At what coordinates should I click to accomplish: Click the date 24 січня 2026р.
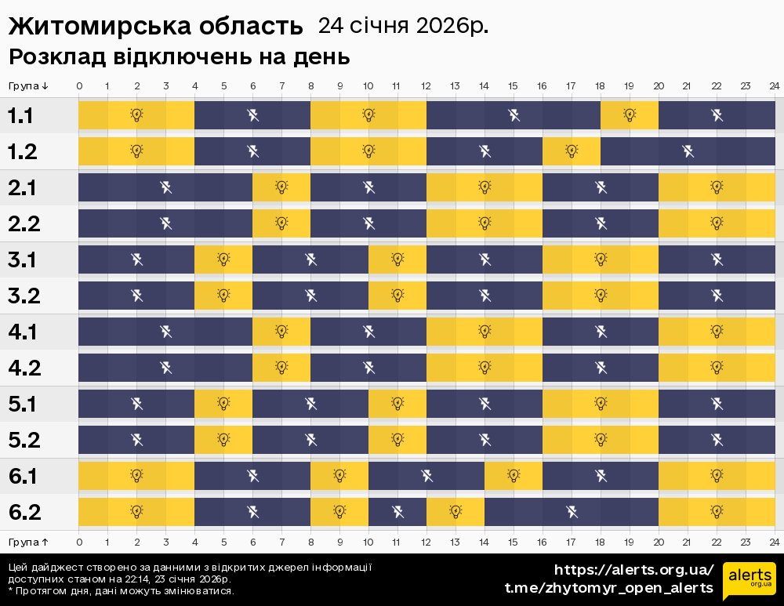click(402, 26)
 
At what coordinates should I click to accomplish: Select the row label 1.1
click(21, 116)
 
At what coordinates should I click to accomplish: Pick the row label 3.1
click(22, 260)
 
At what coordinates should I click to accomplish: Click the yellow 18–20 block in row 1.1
click(630, 115)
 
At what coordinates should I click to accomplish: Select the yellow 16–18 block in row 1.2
click(572, 151)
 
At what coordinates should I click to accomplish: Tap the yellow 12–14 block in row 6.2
click(456, 512)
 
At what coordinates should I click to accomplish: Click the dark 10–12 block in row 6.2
click(397, 512)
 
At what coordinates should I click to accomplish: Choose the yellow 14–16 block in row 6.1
click(514, 476)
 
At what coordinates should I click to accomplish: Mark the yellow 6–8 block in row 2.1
click(281, 187)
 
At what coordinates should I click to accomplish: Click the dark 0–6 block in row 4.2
click(165, 368)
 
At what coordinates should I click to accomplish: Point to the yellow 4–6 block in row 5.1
click(223, 404)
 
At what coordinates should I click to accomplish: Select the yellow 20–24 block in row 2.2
click(717, 223)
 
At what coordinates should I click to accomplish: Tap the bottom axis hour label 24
click(774, 542)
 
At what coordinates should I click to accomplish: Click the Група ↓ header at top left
click(29, 85)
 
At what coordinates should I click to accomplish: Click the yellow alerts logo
click(749, 579)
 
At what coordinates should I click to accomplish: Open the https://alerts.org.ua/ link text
click(634, 570)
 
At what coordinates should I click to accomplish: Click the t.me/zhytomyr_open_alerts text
click(608, 588)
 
